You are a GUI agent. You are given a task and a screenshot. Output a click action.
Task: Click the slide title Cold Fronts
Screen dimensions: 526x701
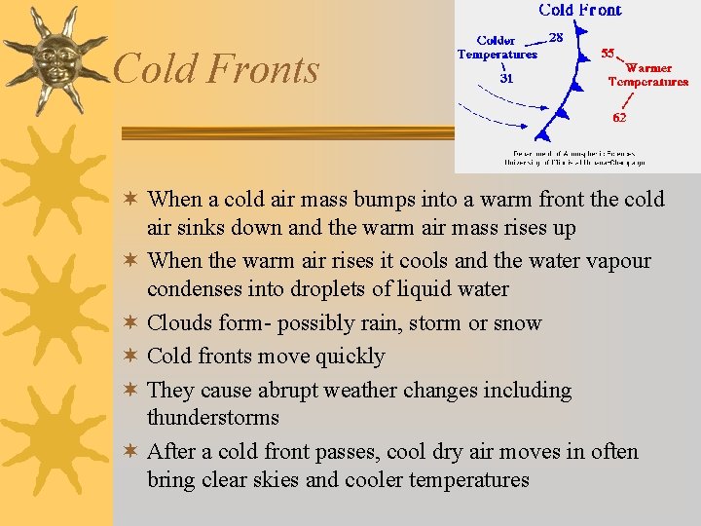216,69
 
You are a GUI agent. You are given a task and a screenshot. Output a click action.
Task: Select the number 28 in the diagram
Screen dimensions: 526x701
557,37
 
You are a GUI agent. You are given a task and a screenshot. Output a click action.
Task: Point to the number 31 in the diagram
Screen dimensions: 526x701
507,79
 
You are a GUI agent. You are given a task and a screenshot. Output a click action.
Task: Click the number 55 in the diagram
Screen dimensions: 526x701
608,53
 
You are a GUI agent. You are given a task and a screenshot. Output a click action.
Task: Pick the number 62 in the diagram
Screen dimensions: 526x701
619,117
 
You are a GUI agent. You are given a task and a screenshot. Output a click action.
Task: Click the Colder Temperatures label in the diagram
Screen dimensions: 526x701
497,48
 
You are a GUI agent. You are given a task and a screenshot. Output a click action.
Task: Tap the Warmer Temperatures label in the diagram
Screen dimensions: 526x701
648,75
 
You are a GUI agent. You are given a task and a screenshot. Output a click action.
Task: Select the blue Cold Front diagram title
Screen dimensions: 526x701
579,10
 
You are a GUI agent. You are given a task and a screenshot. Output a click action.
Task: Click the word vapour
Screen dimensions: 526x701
615,261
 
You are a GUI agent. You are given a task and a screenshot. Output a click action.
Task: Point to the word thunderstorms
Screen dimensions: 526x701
213,418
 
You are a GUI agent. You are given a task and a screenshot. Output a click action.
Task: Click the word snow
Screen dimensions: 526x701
518,323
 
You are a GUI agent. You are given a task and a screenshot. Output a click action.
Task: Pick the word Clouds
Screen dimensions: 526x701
181,323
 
